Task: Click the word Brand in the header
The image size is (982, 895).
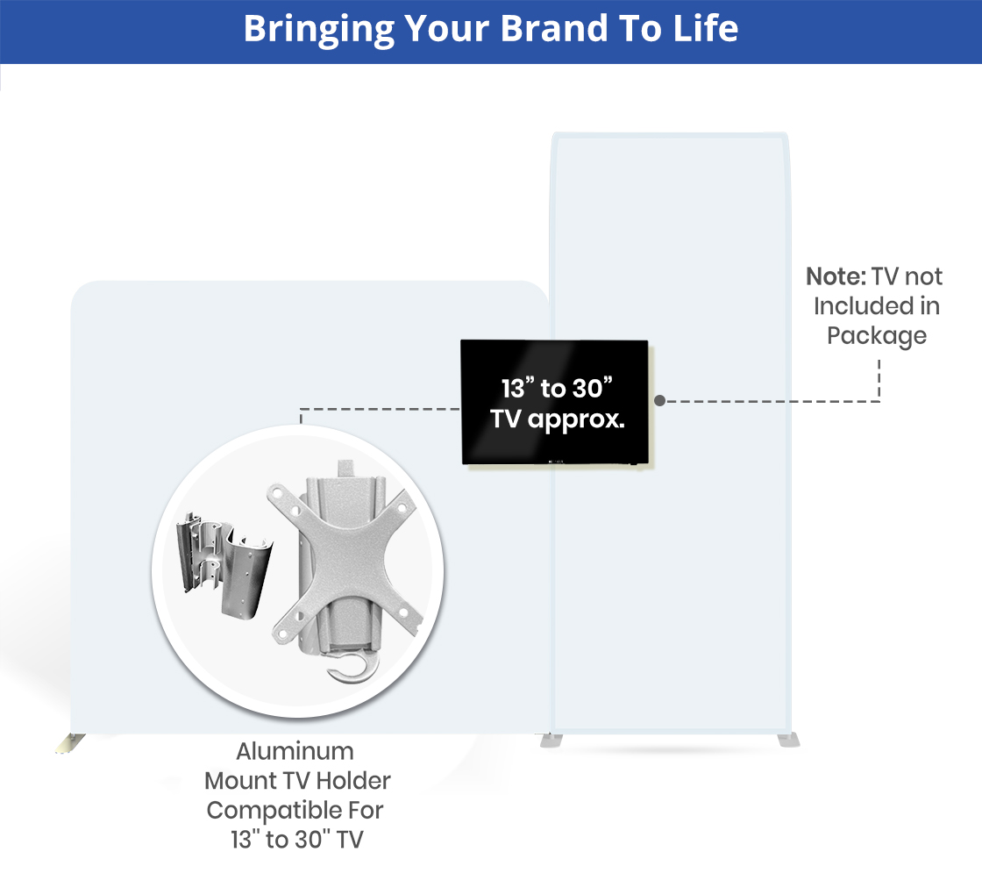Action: (553, 29)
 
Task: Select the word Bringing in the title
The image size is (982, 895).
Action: (319, 30)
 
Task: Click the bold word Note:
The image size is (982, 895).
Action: (836, 276)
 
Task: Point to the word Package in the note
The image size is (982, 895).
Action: (877, 336)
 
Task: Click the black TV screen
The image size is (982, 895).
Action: (555, 403)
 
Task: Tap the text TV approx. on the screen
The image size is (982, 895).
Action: (558, 419)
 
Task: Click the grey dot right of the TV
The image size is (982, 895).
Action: (659, 400)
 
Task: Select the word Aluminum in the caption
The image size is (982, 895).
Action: (295, 751)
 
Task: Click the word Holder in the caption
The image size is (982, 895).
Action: (353, 781)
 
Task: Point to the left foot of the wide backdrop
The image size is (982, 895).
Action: (69, 743)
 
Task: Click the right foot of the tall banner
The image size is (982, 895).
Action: (788, 741)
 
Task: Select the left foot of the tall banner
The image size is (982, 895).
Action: (551, 741)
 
